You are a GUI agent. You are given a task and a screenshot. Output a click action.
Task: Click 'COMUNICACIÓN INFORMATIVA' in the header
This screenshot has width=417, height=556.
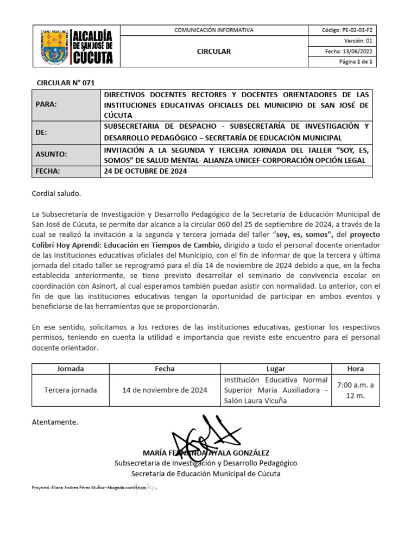(213, 30)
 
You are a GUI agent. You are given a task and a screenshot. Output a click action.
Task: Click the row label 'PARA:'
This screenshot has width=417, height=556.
(46, 104)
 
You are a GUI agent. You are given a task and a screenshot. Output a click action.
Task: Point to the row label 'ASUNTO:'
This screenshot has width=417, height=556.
(51, 154)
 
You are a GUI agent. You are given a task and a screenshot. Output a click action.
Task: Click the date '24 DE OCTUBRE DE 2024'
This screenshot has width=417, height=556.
(145, 172)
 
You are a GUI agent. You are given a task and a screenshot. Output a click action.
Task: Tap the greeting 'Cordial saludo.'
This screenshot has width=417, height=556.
(56, 193)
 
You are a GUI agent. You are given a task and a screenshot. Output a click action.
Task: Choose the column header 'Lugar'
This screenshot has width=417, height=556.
(276, 369)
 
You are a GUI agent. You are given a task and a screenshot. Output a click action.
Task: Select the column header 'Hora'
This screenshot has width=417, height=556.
(356, 369)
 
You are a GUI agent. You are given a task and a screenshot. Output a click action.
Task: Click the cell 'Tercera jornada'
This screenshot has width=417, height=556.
(71, 390)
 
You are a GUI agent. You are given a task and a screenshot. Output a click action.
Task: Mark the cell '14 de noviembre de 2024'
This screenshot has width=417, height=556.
(165, 390)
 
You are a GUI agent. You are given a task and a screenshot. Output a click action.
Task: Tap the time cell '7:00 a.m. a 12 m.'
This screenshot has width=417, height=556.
(356, 390)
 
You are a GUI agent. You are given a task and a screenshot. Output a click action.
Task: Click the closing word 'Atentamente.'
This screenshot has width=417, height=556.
(55, 421)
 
